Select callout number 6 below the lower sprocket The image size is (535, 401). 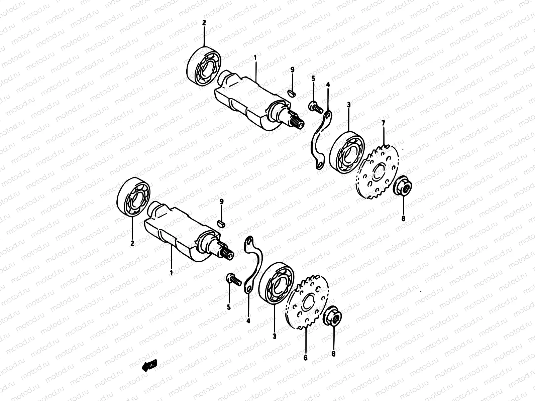point(305,358)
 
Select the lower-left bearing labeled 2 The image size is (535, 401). point(133,197)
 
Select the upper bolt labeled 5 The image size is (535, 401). point(315,108)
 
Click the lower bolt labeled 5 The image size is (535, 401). point(233,279)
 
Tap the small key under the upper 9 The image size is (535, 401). point(292,91)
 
